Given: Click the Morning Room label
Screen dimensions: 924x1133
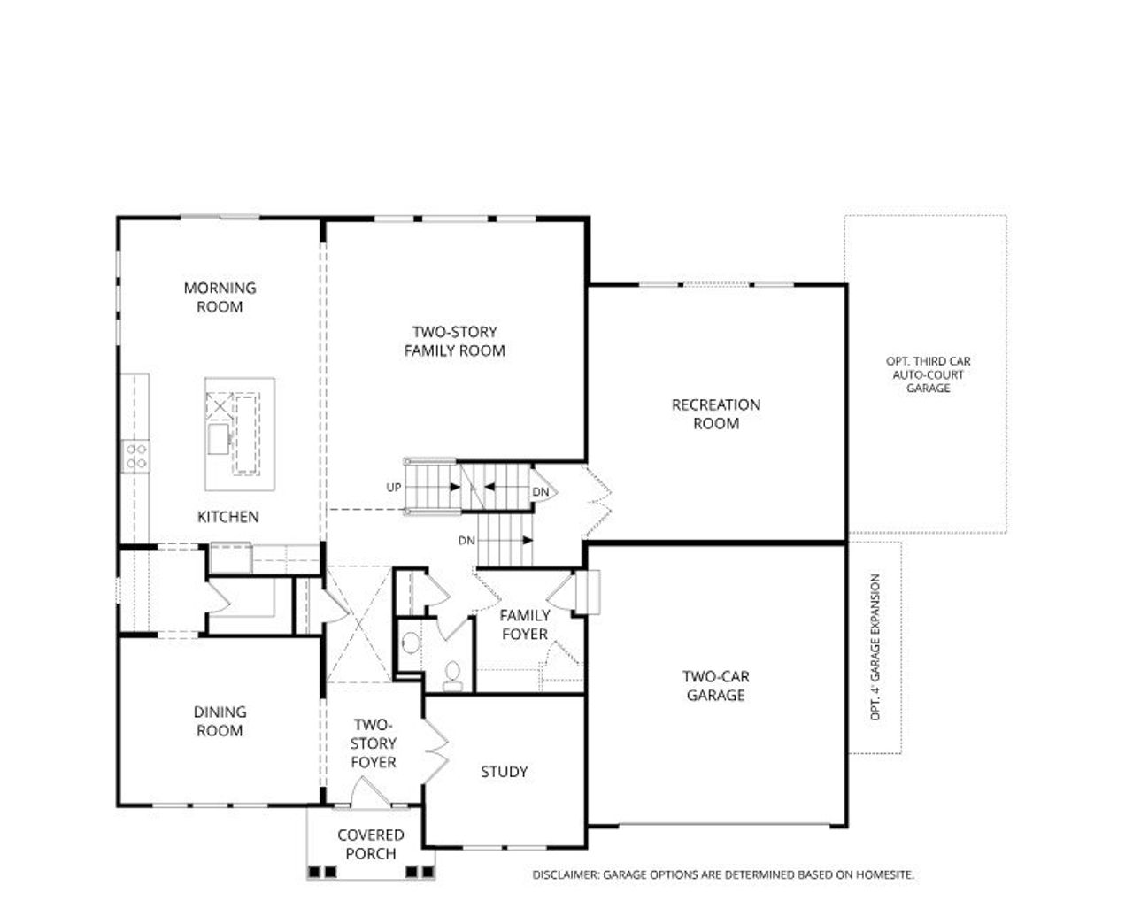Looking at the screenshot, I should tap(220, 297).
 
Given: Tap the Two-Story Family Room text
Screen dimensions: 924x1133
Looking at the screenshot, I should tap(454, 342).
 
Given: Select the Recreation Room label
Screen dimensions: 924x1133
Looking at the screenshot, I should tap(715, 414).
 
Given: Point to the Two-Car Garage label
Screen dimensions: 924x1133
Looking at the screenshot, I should tap(715, 686).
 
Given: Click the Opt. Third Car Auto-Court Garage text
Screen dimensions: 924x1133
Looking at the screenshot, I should tap(928, 374).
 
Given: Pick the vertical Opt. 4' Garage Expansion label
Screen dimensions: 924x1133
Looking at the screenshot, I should tap(875, 647).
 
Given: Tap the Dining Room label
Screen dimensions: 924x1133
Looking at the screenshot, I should tap(220, 721).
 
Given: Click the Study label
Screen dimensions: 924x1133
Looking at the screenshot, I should tap(504, 772).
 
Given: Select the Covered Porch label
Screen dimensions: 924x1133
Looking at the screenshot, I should tap(370, 844).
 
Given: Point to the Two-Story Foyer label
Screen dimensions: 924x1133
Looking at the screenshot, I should tap(373, 743).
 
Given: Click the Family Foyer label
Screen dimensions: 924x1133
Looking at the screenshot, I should tap(525, 625).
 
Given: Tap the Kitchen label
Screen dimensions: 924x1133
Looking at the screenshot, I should tap(227, 517).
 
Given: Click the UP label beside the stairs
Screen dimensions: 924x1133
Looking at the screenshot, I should tap(393, 488).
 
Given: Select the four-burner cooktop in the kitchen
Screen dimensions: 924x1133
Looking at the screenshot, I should tap(135, 456).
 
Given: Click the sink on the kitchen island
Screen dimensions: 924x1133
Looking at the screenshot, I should tap(220, 438).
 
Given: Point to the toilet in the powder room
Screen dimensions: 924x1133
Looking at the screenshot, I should tap(452, 674).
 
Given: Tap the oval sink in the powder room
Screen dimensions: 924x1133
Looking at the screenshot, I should tap(411, 643).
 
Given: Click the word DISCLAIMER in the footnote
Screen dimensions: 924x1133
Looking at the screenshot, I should tap(566, 874).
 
